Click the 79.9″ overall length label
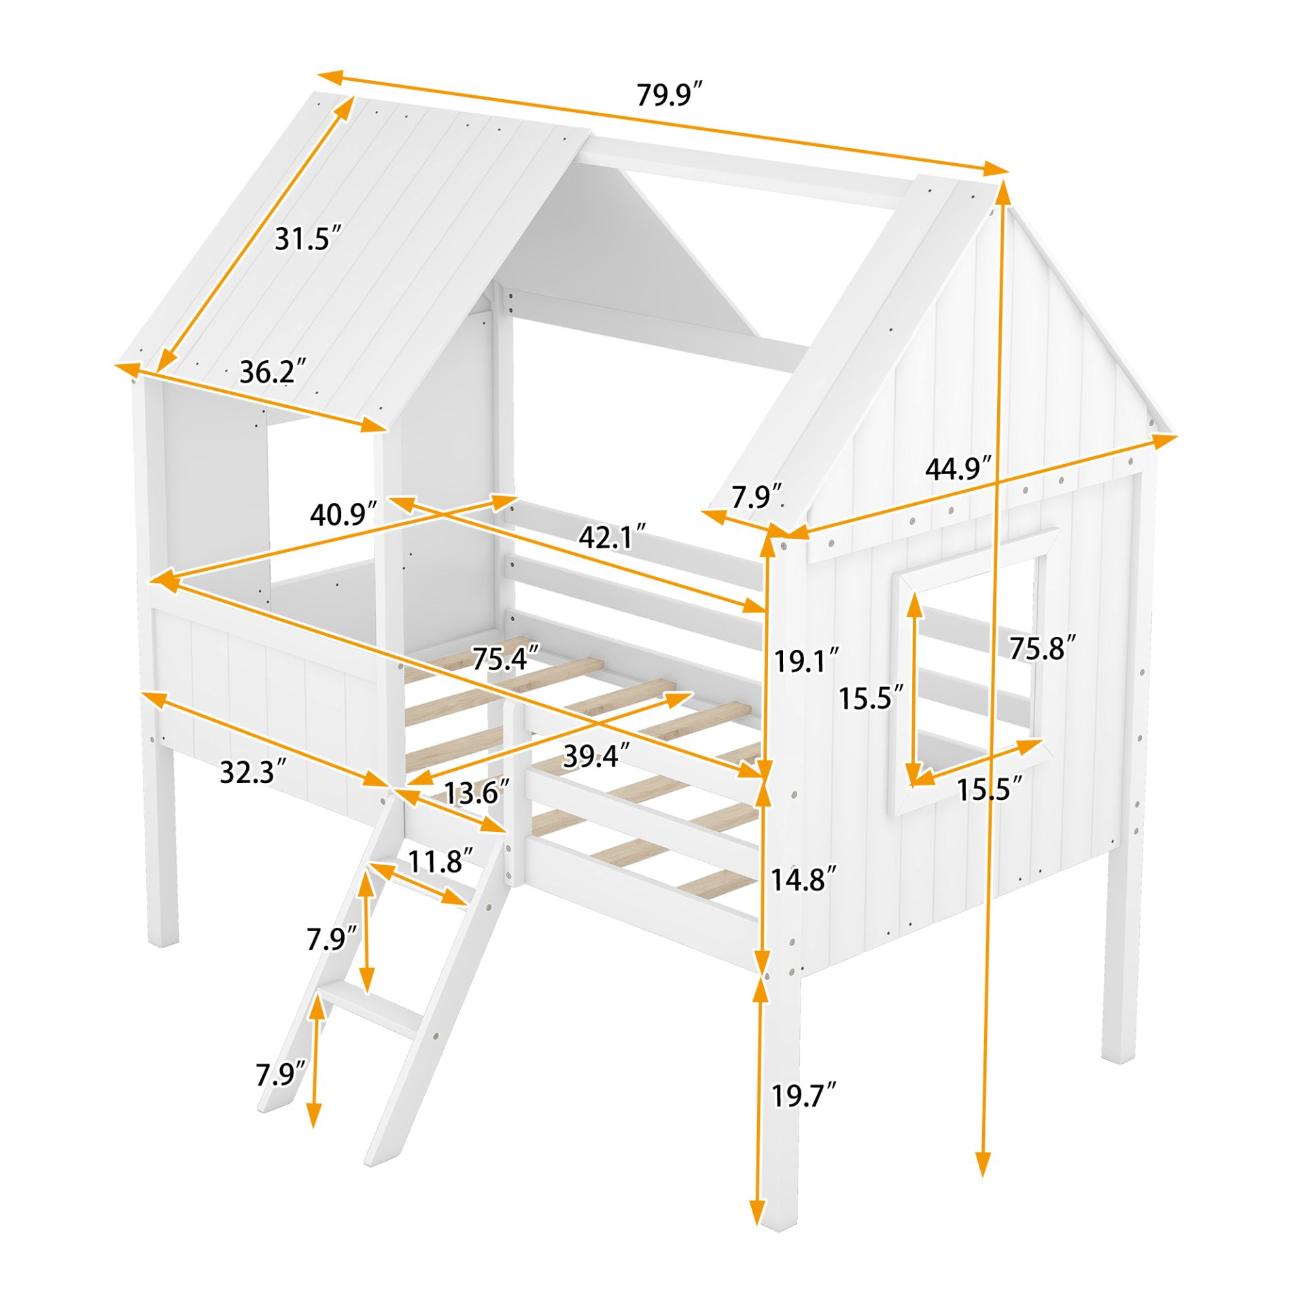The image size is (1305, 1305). coord(668,94)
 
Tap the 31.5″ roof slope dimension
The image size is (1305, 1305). coord(307,239)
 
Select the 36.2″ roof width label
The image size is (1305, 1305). coord(273,372)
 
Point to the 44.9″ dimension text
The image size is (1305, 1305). coord(958,469)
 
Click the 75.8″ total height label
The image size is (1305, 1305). coord(1042,648)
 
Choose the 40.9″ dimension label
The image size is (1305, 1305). coord(343,515)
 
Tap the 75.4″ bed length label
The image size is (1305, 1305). coord(505,659)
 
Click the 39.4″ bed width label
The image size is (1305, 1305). coord(595,756)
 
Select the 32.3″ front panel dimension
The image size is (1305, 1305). coord(253,772)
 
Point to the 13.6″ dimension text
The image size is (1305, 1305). coord(476,793)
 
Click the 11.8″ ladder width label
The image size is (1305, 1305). coord(440,861)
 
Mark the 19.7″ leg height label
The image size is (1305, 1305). coord(803,1096)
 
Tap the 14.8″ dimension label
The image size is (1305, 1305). coord(803,880)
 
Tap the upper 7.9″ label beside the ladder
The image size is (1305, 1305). coord(331,939)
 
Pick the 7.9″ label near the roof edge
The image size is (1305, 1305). coord(756,497)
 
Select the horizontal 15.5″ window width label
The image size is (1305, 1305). coord(989,789)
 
